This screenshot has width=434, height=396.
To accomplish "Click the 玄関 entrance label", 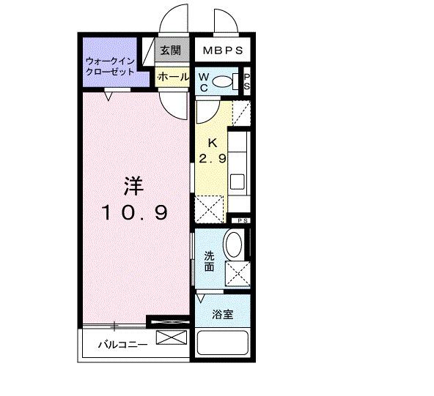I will click(170, 53).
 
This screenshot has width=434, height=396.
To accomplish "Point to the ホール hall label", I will click(172, 76).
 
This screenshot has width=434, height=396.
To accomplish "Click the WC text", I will click(204, 81).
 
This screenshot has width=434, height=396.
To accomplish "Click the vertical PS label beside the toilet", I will click(247, 81).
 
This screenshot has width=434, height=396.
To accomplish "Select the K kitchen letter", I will click(211, 143).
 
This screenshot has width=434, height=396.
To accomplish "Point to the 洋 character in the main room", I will click(133, 186).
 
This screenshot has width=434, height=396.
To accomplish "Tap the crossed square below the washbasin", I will click(238, 274).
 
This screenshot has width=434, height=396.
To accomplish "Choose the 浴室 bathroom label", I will click(222, 315).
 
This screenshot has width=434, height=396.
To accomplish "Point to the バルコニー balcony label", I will click(123, 344).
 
